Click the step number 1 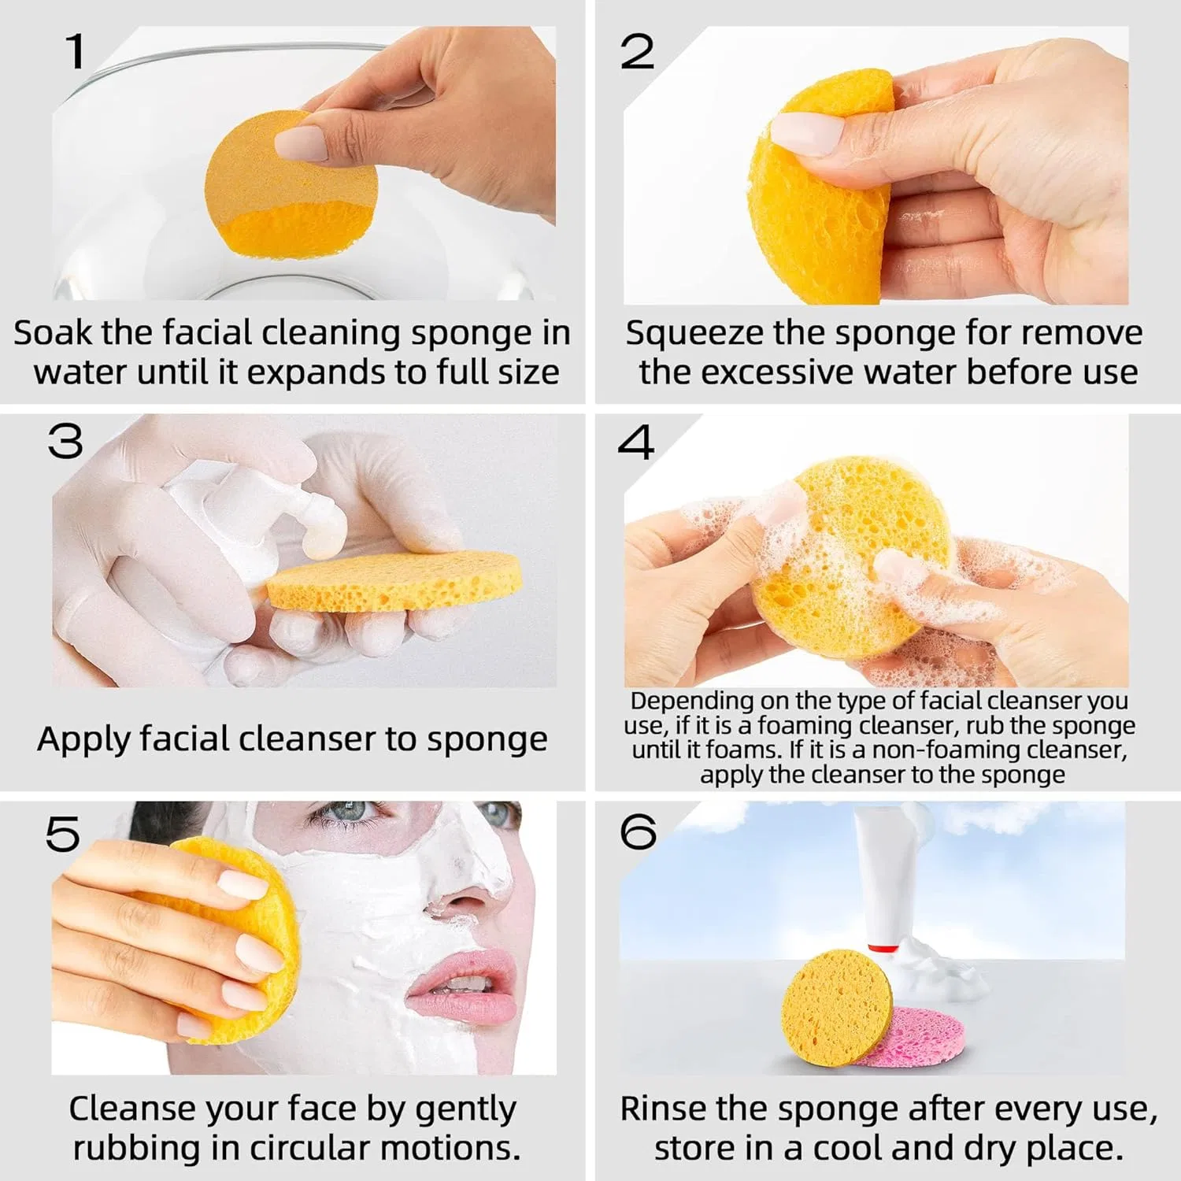point(76,51)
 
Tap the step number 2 point(637,52)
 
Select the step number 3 point(65,442)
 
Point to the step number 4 point(635,442)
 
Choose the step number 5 point(63,834)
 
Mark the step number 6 point(638,831)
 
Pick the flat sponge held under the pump point(394,580)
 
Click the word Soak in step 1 point(53,332)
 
